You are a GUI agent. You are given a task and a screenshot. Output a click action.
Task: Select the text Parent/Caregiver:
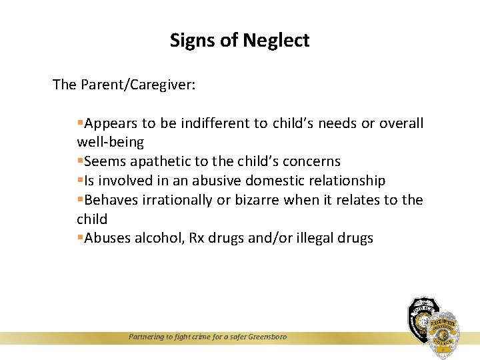pos(138,85)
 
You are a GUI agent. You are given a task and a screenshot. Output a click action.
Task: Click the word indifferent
pos(215,123)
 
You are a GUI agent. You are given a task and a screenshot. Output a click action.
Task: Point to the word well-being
pos(110,142)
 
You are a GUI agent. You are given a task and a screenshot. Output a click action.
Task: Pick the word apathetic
pos(163,161)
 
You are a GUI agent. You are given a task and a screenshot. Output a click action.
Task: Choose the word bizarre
pos(257,200)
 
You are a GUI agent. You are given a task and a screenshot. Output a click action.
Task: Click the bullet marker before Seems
pos(80,161)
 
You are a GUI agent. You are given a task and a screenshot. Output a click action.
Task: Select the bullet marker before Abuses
pos(80,238)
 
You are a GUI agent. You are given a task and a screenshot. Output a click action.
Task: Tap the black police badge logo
pos(421,319)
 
